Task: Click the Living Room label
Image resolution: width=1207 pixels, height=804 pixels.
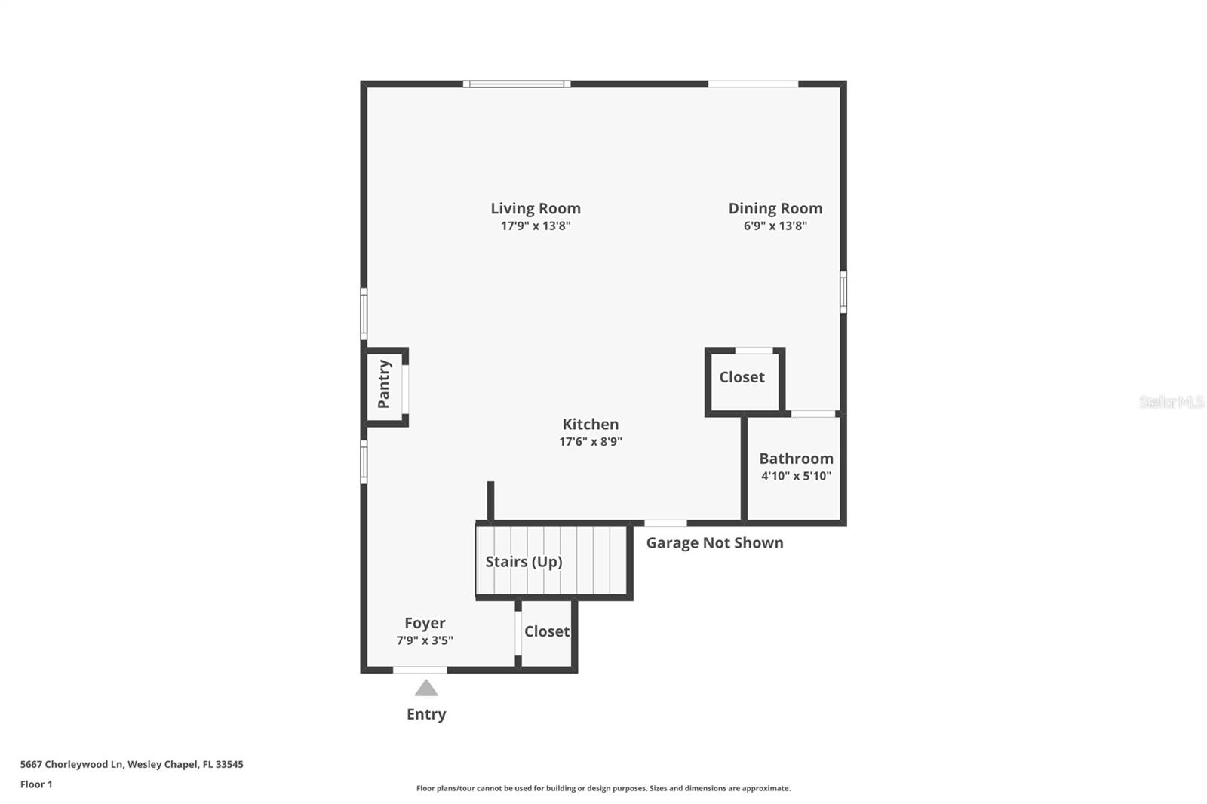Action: pyautogui.click(x=536, y=208)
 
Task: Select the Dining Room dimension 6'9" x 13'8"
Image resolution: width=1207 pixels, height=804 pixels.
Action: pyautogui.click(x=775, y=226)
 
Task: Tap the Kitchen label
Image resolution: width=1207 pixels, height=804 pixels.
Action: pyautogui.click(x=590, y=424)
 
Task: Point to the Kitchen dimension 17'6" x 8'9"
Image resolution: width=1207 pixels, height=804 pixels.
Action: pyautogui.click(x=590, y=442)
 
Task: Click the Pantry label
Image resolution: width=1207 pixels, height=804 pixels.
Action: pyautogui.click(x=384, y=384)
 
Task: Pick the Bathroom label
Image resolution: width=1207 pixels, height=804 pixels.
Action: pyautogui.click(x=796, y=458)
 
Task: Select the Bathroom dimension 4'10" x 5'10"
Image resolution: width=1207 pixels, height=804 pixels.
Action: pyautogui.click(x=796, y=476)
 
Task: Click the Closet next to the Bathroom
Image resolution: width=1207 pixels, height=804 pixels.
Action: pyautogui.click(x=742, y=377)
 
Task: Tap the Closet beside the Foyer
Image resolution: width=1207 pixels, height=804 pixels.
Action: pyautogui.click(x=547, y=631)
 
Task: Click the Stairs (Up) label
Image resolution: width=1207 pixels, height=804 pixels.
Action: pyautogui.click(x=524, y=562)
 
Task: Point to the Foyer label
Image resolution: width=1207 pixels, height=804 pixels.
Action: pyautogui.click(x=425, y=623)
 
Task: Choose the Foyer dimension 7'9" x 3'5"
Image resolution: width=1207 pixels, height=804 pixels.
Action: pyautogui.click(x=425, y=640)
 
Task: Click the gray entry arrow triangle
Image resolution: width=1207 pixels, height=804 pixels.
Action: pyautogui.click(x=426, y=689)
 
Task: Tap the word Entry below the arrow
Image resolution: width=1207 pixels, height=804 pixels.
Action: pyautogui.click(x=426, y=714)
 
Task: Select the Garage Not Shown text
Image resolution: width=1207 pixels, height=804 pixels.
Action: pyautogui.click(x=714, y=543)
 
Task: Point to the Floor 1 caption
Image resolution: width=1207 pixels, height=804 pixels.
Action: pyautogui.click(x=36, y=784)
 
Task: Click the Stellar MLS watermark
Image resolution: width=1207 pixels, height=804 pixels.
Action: pyautogui.click(x=1171, y=402)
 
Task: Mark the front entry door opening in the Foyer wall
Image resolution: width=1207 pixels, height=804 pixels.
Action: pyautogui.click(x=420, y=670)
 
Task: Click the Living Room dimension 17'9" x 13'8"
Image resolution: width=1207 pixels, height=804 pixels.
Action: pyautogui.click(x=536, y=226)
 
